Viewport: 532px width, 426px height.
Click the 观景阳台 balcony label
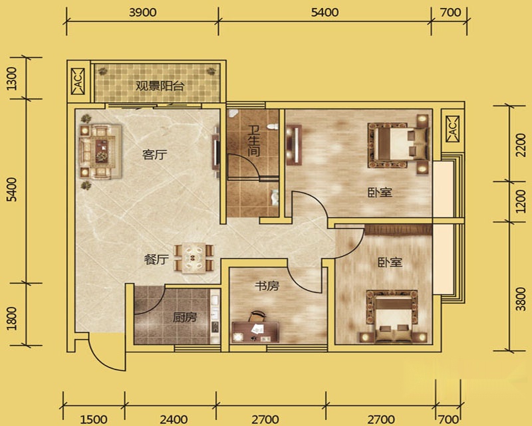[x=160, y=86]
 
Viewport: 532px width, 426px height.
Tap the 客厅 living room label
[x=155, y=155]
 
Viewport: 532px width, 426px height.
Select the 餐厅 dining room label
[x=156, y=259]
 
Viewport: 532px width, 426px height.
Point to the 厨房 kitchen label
[x=185, y=317]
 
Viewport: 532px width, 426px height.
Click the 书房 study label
[x=267, y=286]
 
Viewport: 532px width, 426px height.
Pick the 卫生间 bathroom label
[x=253, y=141]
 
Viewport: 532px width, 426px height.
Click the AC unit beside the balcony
[x=78, y=81]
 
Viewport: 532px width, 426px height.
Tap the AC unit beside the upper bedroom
[x=453, y=129]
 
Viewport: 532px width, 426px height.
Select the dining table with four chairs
[x=194, y=258]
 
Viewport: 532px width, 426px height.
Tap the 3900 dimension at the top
[x=143, y=13]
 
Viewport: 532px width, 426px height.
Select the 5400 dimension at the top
[x=325, y=13]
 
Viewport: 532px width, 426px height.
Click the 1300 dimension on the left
[x=11, y=78]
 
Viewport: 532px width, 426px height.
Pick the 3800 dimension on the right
[x=521, y=299]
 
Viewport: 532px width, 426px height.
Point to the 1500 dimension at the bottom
[x=94, y=419]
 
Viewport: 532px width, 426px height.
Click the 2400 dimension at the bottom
[x=174, y=419]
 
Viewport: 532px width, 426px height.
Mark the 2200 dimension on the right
[x=521, y=145]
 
